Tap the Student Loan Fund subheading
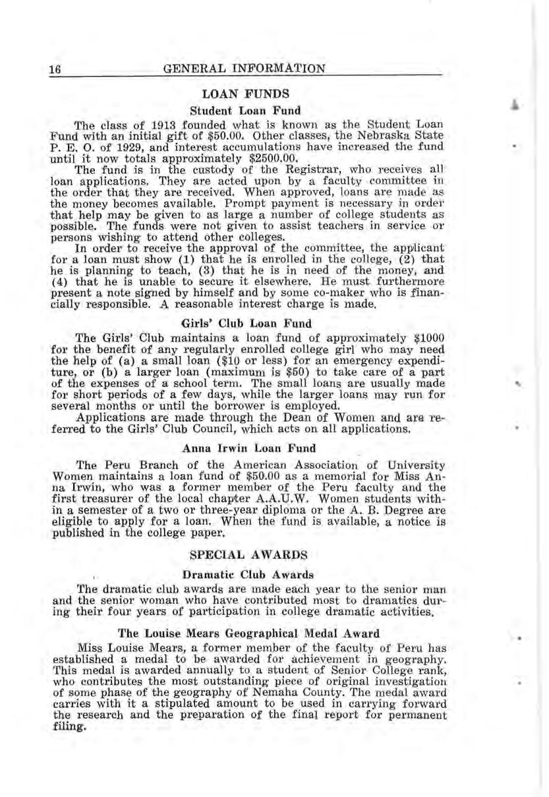(245, 109)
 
